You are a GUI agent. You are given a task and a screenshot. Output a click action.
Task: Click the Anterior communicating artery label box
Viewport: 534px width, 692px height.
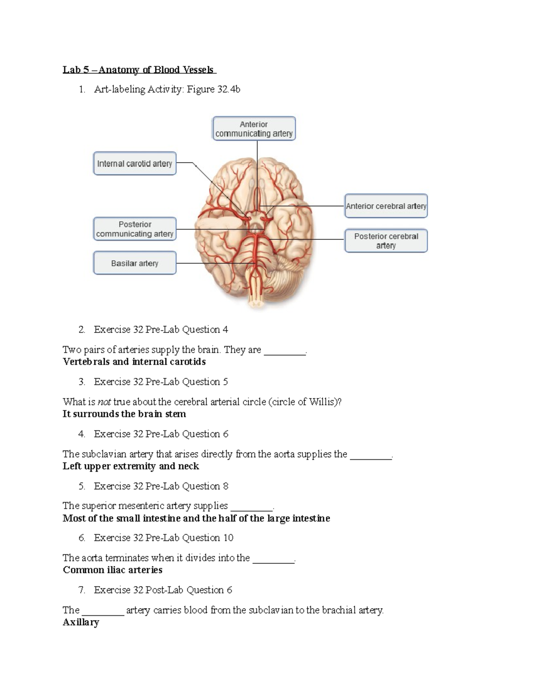254,129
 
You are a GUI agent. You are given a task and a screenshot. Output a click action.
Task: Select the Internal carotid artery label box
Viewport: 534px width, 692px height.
134,164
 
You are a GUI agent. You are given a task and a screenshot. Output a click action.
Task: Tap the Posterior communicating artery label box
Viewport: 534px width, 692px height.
134,229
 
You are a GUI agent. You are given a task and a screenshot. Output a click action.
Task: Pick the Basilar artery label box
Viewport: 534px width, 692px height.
134,263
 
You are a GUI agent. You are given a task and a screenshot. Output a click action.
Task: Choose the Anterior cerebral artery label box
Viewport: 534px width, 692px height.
386,206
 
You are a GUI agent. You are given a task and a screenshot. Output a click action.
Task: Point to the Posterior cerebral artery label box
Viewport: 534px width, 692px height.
386,241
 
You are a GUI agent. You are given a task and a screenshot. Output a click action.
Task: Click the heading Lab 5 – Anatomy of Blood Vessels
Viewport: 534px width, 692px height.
138,70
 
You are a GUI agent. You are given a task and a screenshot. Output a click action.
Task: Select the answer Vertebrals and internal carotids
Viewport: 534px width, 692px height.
134,362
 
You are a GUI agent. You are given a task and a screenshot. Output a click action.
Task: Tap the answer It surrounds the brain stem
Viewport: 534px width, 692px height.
124,414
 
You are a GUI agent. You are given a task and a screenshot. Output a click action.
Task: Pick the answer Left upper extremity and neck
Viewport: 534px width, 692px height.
131,466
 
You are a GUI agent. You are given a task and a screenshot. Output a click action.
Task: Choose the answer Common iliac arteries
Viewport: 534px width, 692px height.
113,570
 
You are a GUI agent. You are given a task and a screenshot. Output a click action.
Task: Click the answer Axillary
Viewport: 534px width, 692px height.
81,622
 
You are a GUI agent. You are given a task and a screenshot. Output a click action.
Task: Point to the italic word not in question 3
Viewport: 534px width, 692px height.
104,402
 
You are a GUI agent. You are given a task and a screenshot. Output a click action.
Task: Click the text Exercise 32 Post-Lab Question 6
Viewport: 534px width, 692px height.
163,590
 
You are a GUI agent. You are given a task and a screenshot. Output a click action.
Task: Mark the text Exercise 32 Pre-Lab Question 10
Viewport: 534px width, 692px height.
163,538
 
